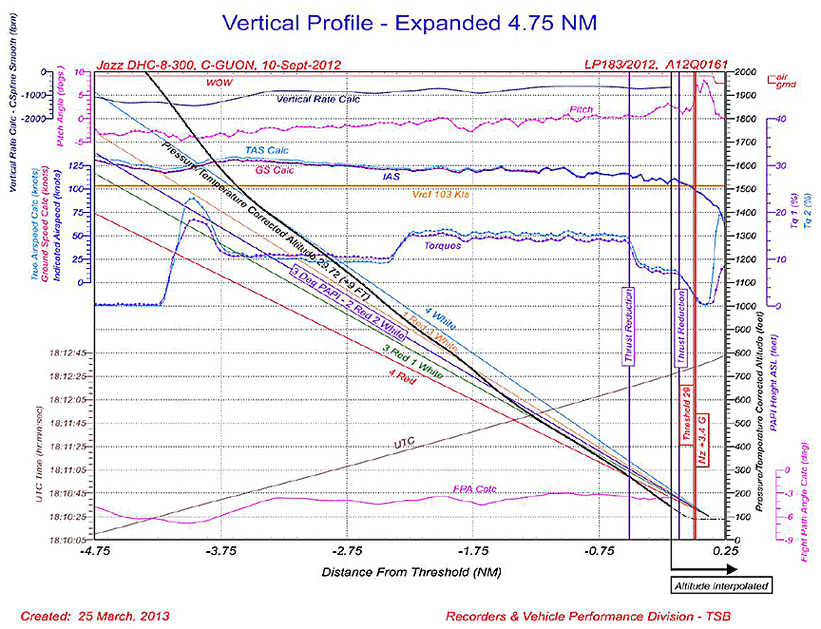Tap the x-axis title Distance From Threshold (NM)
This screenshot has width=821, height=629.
coord(410,572)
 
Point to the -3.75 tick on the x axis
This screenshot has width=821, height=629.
coord(220,551)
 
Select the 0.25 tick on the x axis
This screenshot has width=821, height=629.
coord(724,551)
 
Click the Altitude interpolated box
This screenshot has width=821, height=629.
coord(720,586)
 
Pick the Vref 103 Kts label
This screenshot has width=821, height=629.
coord(443,195)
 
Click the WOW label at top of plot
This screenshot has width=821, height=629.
coord(220,83)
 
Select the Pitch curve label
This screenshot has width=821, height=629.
coord(582,110)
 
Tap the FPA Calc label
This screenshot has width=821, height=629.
coord(473,490)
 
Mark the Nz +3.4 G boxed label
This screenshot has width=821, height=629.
coord(701,436)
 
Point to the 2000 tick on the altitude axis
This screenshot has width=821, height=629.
coord(744,72)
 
